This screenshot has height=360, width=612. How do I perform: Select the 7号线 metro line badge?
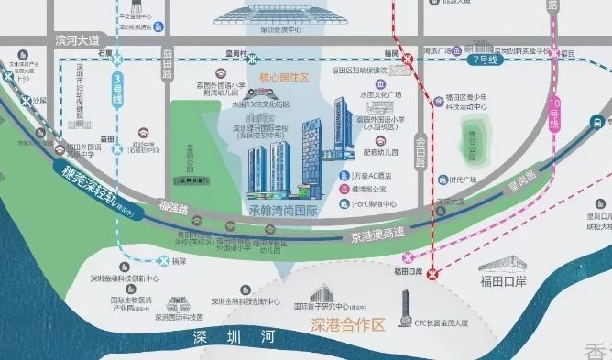482,60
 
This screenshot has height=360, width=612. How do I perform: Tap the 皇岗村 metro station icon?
252,56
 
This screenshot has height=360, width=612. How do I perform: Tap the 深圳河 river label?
235,339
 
